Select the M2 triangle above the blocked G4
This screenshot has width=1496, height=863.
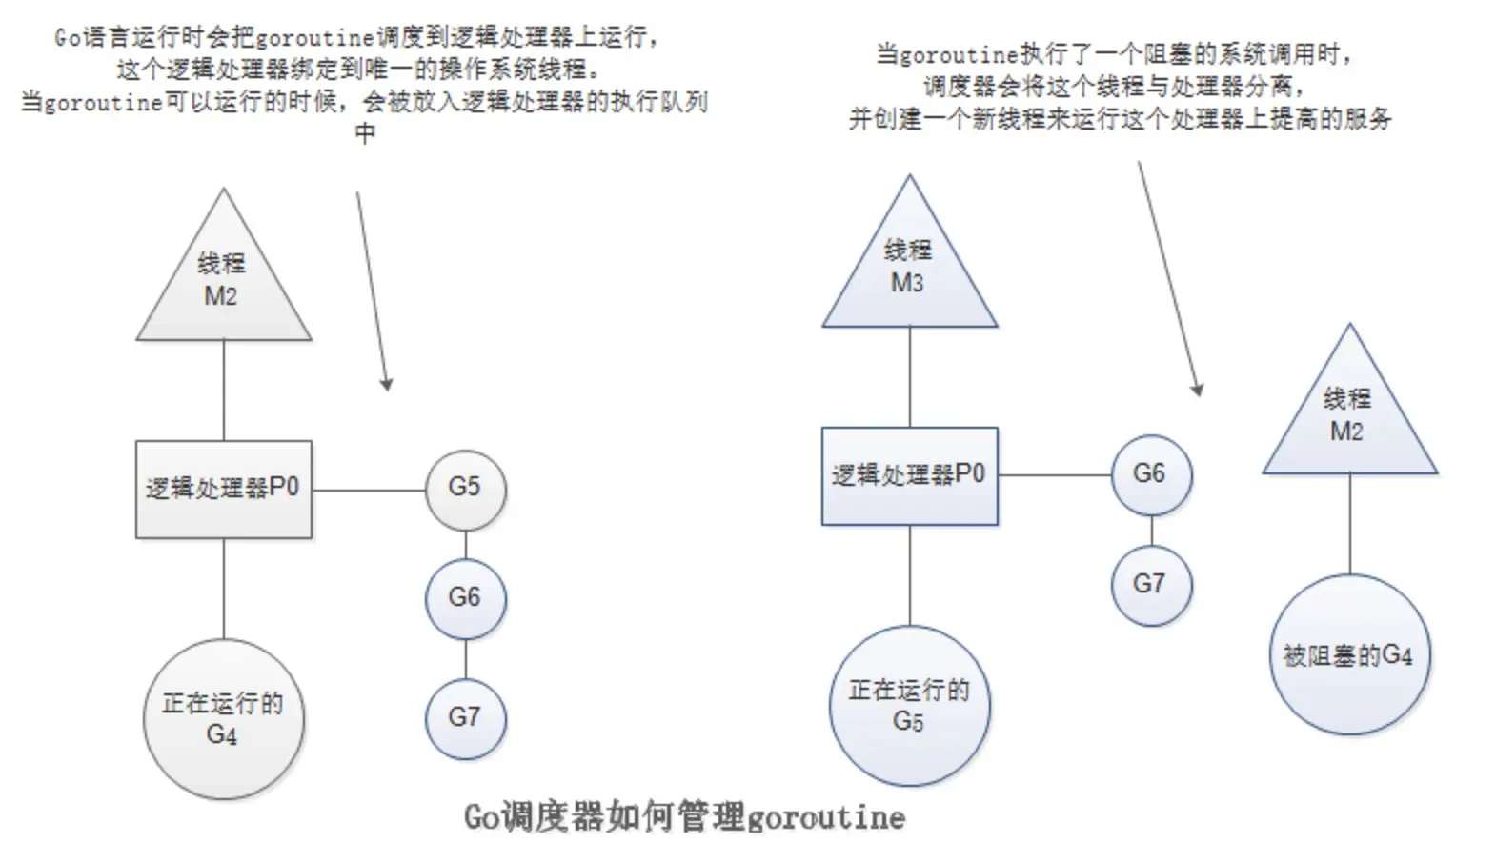(x=1348, y=419)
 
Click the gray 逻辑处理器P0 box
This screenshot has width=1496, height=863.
(x=223, y=489)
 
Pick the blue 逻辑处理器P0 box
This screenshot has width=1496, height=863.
(x=909, y=475)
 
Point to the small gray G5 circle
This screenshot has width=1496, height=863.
(x=465, y=490)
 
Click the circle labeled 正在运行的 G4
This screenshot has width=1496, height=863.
(x=223, y=719)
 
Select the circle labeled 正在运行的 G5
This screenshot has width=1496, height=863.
(x=909, y=706)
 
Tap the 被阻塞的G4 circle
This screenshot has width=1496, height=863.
(x=1348, y=654)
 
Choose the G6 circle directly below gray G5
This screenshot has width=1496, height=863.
(x=465, y=598)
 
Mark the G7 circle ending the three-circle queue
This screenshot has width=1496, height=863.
(x=465, y=717)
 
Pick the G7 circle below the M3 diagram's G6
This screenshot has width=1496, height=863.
(x=1150, y=584)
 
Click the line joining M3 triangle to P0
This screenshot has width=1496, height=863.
(x=909, y=376)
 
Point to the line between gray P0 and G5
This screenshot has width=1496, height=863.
(x=368, y=490)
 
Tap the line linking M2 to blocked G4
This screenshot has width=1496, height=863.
(x=1348, y=524)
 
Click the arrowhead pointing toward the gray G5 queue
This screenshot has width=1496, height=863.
(x=386, y=385)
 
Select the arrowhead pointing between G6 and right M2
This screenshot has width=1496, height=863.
(x=1197, y=390)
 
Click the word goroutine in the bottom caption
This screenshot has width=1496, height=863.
(x=825, y=817)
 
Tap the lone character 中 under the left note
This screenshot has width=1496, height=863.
(x=364, y=133)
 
